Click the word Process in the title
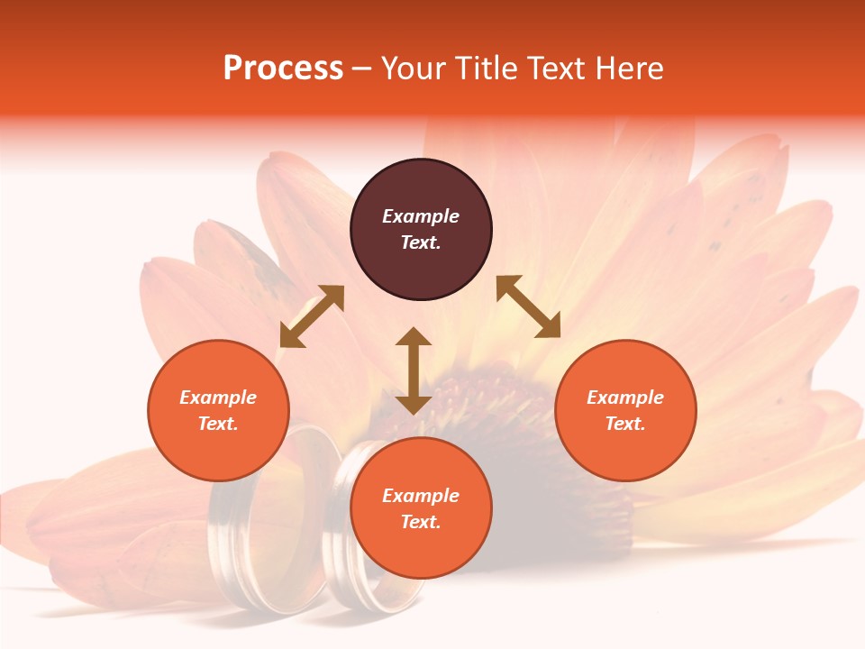click(283, 69)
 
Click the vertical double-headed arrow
click(414, 370)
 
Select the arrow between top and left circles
click(312, 316)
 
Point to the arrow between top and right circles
click(528, 306)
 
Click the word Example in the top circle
click(421, 216)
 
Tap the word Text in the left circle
click(217, 424)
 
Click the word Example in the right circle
click(625, 398)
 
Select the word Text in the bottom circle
click(420, 522)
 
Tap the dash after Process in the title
click(361, 69)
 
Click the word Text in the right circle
click(624, 424)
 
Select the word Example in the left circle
click(218, 398)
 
